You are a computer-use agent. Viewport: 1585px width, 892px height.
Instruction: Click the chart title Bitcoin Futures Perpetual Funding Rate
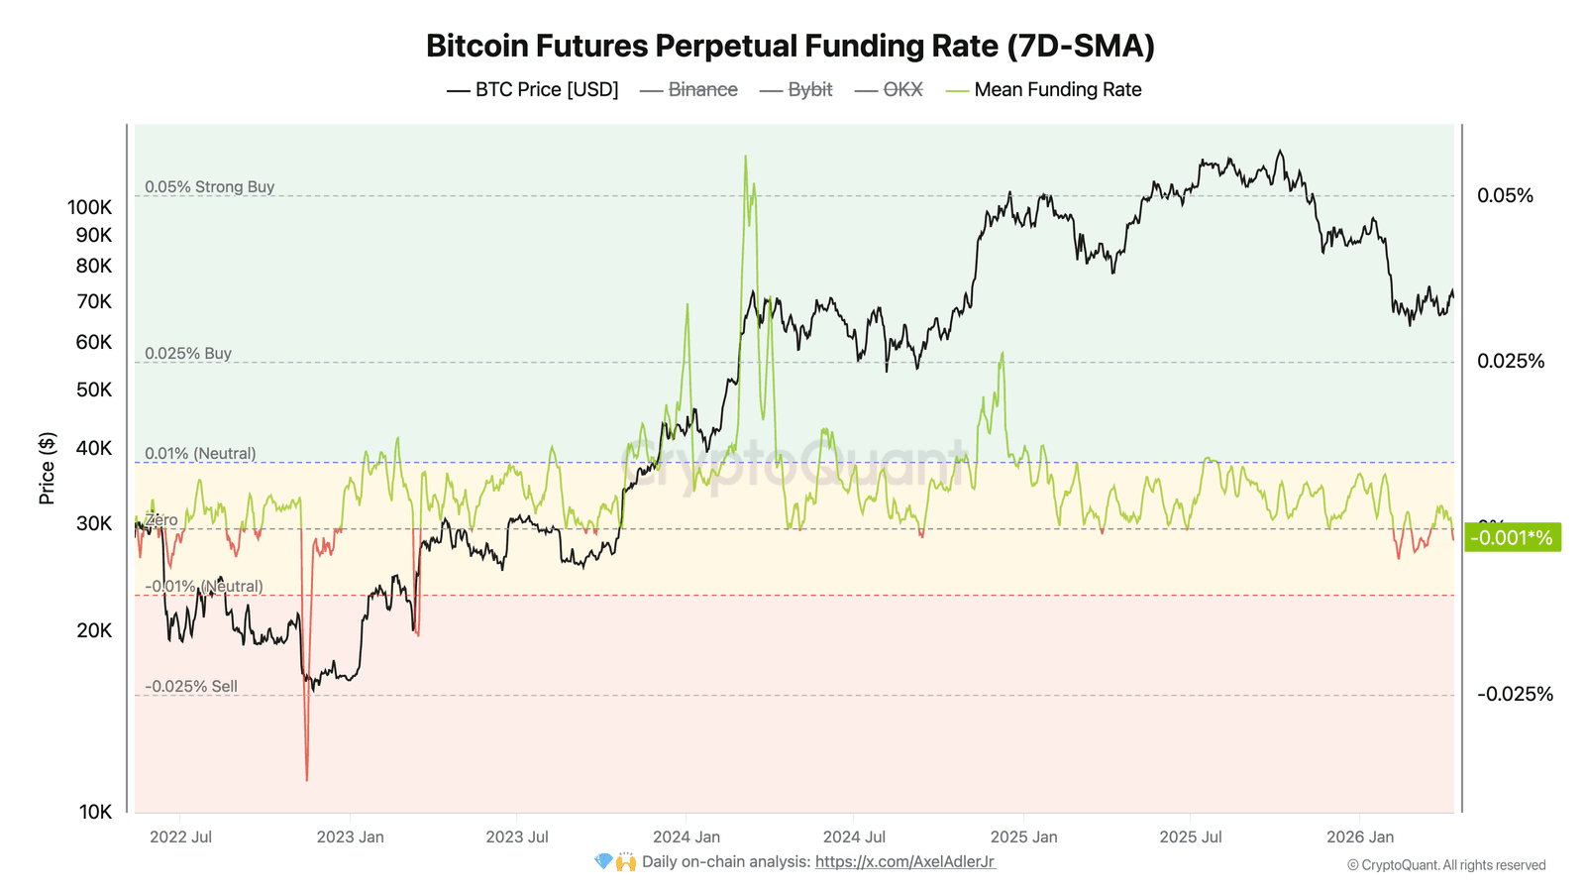point(790,47)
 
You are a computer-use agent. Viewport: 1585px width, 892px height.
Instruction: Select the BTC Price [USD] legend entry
point(533,90)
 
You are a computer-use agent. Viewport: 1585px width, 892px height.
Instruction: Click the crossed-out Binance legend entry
point(689,90)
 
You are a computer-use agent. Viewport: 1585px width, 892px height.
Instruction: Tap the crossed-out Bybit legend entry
point(796,90)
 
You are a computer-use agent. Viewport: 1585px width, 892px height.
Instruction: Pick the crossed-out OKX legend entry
point(890,90)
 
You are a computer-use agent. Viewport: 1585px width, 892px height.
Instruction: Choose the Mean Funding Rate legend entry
point(1044,90)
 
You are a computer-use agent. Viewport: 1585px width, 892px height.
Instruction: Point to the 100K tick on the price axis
point(89,207)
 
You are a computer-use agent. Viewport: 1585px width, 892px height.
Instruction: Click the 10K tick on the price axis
point(95,812)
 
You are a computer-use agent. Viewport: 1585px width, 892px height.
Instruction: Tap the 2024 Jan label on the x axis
point(687,836)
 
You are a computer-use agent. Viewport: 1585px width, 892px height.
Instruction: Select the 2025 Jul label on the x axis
point(1190,836)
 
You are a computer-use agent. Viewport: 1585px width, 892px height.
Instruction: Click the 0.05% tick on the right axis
point(1504,195)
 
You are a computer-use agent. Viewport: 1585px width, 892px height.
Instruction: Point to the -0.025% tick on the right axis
point(1514,694)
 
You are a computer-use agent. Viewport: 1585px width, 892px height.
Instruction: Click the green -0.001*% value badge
point(1511,538)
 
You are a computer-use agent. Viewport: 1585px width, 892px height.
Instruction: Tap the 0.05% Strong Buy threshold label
point(209,186)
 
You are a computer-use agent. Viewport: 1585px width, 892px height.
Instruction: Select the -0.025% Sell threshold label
point(191,686)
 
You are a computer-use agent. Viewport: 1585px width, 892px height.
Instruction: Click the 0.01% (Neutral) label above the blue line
point(200,453)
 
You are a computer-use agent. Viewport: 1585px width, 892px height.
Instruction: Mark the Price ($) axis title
point(47,469)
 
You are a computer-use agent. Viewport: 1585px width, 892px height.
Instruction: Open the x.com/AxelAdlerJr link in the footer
point(904,861)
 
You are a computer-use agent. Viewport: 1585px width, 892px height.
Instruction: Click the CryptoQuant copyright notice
point(1445,865)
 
